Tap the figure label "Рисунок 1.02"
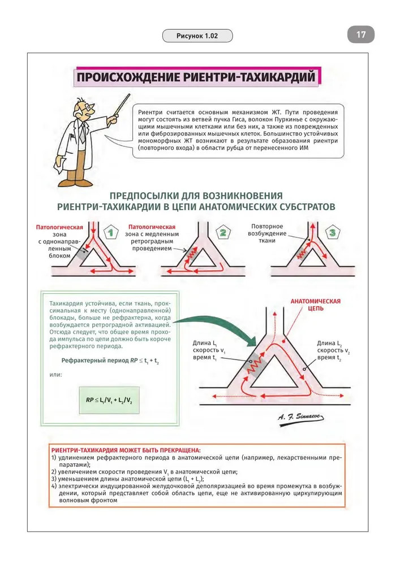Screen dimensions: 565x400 [x=197, y=37]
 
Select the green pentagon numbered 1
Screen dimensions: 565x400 [x=111, y=232]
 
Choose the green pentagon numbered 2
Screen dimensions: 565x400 [x=223, y=232]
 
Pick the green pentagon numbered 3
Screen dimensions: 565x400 [x=332, y=232]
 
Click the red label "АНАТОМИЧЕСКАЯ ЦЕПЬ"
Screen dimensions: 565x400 [x=315, y=305]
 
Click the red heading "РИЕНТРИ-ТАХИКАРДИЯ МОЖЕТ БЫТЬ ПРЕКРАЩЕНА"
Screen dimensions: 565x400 [x=126, y=449]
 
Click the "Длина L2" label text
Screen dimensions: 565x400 [x=329, y=343]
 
